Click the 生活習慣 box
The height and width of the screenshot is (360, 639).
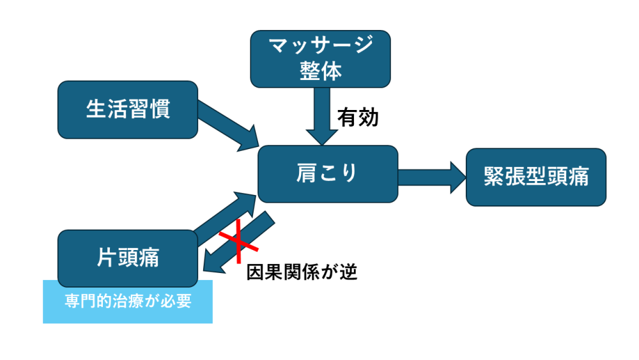click(x=128, y=109)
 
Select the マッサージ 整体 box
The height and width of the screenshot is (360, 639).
click(x=320, y=58)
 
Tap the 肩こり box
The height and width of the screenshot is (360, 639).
click(x=327, y=173)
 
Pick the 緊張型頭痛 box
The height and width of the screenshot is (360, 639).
click(x=535, y=177)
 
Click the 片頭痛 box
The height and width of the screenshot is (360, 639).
click(x=128, y=258)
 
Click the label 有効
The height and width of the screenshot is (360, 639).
click(x=358, y=118)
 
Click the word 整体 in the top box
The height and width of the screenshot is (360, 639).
click(x=320, y=70)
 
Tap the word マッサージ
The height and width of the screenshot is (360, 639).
click(x=320, y=46)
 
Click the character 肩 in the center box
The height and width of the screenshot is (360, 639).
click(x=306, y=173)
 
